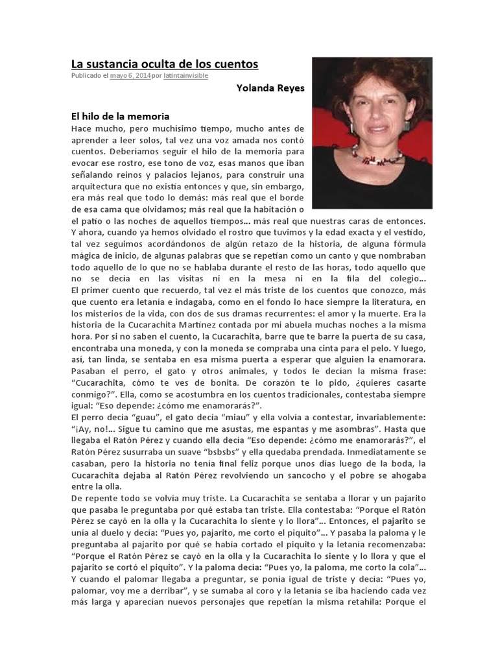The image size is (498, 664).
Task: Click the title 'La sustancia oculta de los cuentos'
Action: point(164,64)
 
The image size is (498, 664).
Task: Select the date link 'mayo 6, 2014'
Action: point(130,76)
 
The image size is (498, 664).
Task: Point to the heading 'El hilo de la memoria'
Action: point(120,116)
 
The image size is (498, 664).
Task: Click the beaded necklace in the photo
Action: point(377,155)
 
